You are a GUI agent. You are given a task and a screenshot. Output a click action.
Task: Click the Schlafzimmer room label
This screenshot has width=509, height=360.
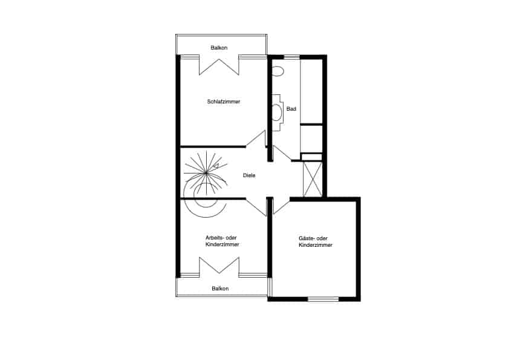point(223,102)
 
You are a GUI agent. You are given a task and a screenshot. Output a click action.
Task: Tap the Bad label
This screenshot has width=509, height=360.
point(291,109)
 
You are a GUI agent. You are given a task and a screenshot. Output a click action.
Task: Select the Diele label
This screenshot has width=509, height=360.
point(249,175)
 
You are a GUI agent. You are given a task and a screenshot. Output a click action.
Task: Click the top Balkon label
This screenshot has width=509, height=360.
point(219,48)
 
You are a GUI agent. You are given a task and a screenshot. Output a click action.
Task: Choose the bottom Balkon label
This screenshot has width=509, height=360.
point(220,289)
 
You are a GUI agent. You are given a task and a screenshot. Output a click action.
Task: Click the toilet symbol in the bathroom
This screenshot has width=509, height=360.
point(277,71)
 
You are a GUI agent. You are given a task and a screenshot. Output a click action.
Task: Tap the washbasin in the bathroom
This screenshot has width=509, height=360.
point(277,113)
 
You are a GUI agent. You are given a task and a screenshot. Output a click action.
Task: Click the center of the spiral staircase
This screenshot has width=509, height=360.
point(206,174)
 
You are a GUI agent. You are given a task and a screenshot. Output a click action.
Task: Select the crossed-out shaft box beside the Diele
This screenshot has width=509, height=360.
point(313,179)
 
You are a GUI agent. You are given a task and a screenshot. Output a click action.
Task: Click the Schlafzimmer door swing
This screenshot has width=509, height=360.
point(256,139)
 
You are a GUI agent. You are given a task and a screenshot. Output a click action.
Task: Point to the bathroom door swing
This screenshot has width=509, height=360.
point(282,153)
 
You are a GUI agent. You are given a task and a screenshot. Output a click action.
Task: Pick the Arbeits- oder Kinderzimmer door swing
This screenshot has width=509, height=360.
point(256,207)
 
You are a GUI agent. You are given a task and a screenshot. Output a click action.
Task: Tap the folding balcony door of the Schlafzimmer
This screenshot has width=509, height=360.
point(219,67)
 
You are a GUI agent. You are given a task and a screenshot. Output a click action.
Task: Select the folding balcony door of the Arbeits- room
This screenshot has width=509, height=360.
point(219,266)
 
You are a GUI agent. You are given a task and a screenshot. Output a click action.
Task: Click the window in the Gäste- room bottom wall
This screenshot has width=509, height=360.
point(323,299)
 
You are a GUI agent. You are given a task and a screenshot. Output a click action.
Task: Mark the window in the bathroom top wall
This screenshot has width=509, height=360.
point(291,57)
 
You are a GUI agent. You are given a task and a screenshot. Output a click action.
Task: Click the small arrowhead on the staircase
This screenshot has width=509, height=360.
point(216,166)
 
